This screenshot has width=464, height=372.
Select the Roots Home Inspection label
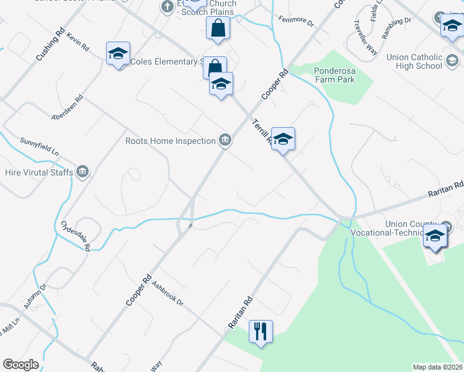point(170,141)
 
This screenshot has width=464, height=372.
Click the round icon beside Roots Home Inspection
point(225,140)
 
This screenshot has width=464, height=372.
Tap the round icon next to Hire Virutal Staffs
point(82,172)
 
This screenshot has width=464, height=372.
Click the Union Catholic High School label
point(414,61)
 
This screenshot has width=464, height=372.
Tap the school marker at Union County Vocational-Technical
point(435,236)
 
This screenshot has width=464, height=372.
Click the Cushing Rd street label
point(50,43)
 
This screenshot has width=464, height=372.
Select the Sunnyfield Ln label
point(40,146)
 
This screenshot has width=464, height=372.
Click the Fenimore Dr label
point(297,22)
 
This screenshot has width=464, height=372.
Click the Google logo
point(20,365)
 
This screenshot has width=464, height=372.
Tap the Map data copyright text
point(438,367)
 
